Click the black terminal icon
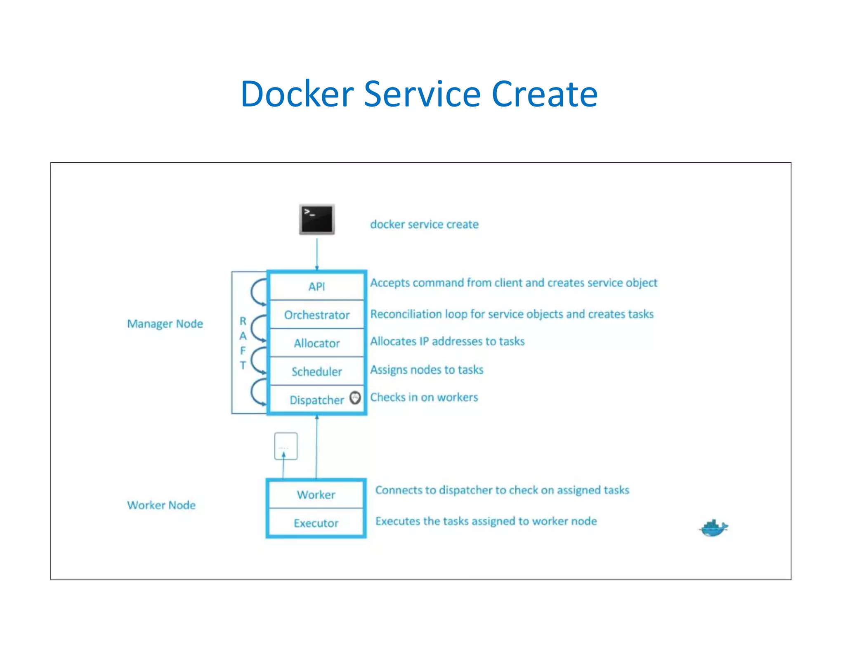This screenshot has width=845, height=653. [316, 219]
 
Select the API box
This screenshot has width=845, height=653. [316, 286]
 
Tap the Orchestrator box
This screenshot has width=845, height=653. [316, 315]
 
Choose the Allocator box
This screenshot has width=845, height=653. [316, 343]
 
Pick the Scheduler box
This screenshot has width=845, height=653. [316, 371]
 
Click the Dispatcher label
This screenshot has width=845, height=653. [316, 400]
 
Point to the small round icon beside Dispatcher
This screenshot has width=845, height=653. [355, 398]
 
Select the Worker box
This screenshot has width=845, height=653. [316, 494]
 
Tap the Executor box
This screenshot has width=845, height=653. [316, 523]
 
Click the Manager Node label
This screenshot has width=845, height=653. [165, 324]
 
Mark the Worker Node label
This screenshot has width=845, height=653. [161, 505]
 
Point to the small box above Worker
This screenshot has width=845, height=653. [286, 446]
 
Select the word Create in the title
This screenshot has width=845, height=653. [545, 94]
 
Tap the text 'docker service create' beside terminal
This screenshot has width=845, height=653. [424, 225]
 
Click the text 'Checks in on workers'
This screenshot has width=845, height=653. [424, 397]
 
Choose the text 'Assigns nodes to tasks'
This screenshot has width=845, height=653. [427, 369]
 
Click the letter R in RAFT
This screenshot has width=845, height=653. [243, 321]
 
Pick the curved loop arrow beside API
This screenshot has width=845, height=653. [257, 292]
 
